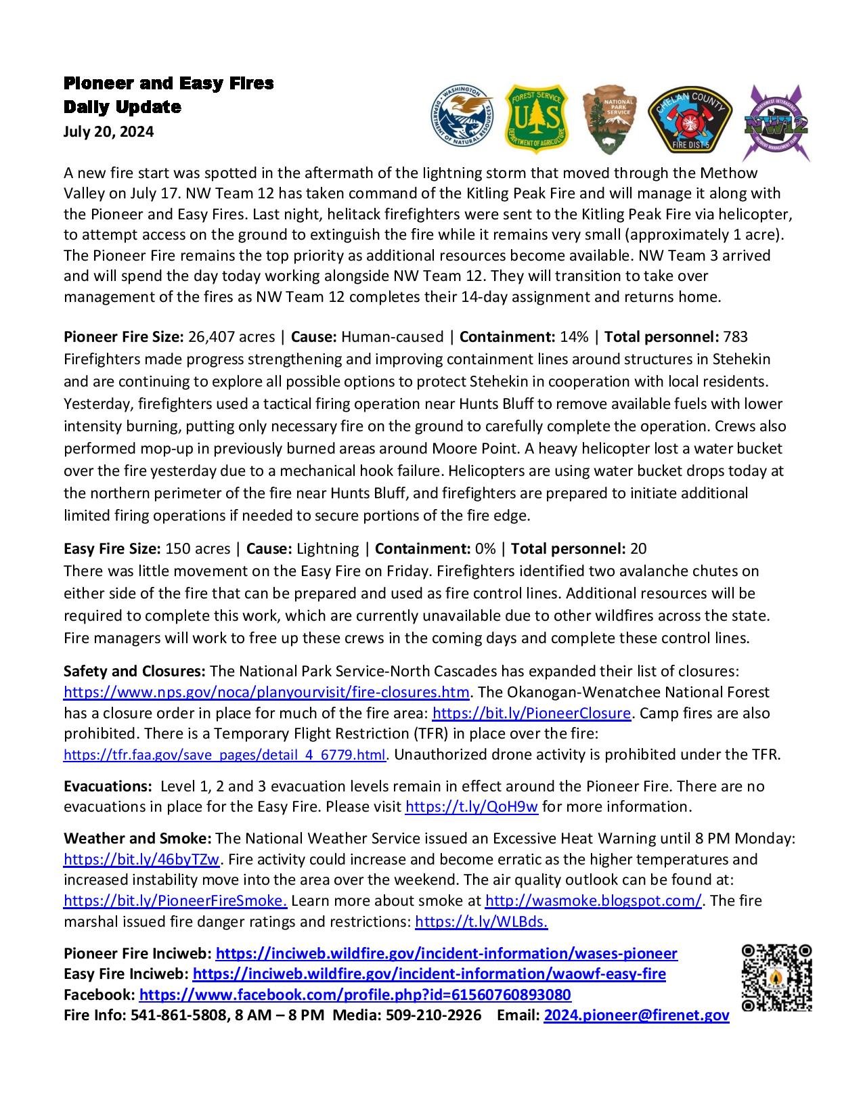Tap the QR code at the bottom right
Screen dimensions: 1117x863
coord(777,978)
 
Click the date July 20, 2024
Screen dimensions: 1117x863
coord(108,131)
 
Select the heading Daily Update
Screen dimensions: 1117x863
coord(123,107)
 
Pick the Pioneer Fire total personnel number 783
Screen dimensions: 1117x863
coord(735,336)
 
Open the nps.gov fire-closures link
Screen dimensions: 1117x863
coord(266,692)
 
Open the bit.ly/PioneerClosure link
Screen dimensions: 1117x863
coord(531,713)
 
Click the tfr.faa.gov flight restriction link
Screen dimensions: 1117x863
coord(224,754)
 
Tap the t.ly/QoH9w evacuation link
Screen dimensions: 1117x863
coord(471,806)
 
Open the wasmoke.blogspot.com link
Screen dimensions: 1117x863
coord(593,901)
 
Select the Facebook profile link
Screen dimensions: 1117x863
coord(355,994)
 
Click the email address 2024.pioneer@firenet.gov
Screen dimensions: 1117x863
coord(636,1015)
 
